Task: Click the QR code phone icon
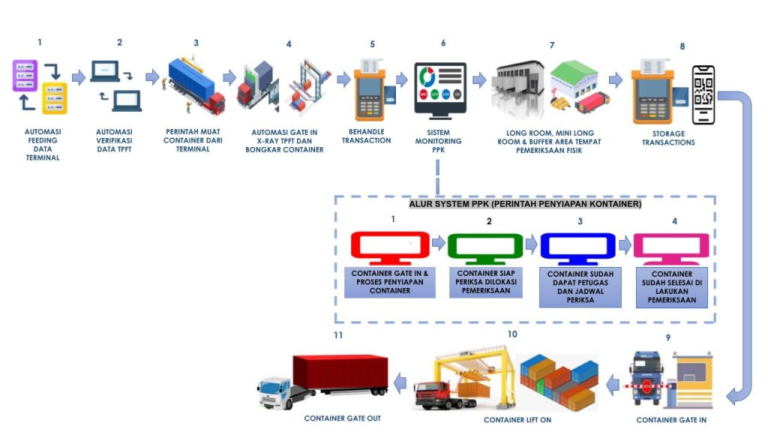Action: click(x=703, y=95)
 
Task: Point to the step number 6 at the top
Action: click(x=443, y=43)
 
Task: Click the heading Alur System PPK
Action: click(x=525, y=204)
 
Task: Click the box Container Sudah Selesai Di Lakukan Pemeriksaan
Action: click(x=672, y=288)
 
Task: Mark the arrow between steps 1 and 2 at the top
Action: click(x=79, y=77)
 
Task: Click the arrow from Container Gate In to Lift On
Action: click(x=613, y=385)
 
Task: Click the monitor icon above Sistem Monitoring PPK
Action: click(x=440, y=88)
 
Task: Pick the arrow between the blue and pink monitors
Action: click(x=624, y=244)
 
